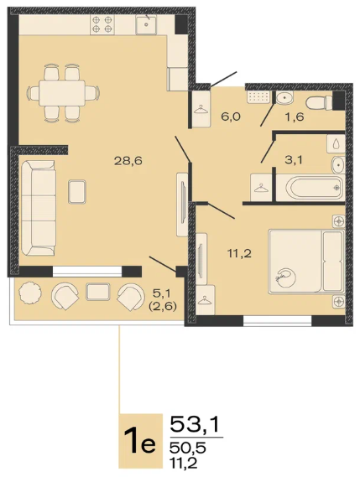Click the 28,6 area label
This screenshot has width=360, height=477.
tap(128, 161)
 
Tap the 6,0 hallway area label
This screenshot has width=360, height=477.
tap(231, 117)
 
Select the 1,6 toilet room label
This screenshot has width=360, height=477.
tap(295, 117)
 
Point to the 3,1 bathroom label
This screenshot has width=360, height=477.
tap(294, 159)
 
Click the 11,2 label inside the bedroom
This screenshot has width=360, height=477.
tap(240, 253)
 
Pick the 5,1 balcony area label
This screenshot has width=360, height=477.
tap(163, 293)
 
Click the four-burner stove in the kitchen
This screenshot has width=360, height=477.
tap(102, 24)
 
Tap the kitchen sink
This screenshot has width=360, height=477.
tap(146, 24)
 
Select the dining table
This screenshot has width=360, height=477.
tap(62, 93)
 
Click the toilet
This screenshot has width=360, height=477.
tap(319, 102)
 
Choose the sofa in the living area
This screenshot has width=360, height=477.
tap(39, 208)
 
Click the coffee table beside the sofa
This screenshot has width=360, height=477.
tap(77, 192)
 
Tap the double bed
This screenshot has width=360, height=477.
tap(306, 262)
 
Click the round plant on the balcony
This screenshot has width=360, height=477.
tap(30, 293)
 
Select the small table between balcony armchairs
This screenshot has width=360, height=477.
tap(98, 292)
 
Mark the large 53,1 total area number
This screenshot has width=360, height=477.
tap(195, 424)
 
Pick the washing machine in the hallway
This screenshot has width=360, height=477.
tap(259, 96)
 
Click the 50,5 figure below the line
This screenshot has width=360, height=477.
tap(188, 448)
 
